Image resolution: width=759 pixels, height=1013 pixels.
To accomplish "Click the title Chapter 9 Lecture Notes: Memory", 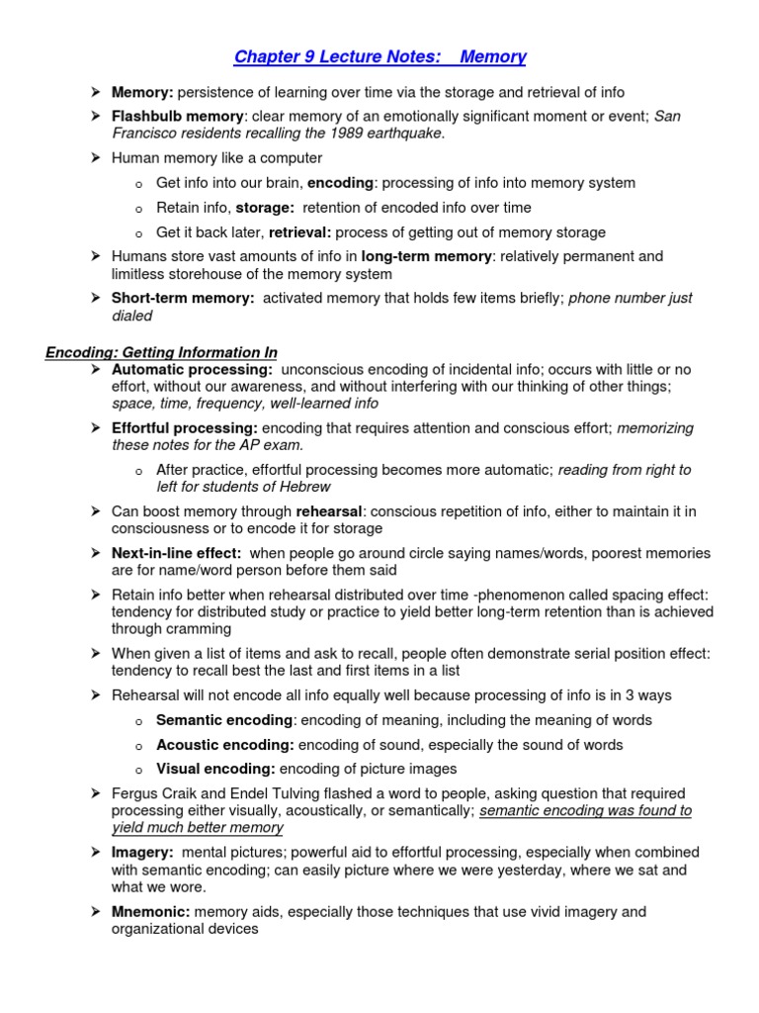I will (x=379, y=56).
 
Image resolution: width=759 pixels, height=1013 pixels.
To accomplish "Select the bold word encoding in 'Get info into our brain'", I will (x=340, y=183).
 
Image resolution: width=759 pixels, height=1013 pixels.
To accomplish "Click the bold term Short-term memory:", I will (x=183, y=298).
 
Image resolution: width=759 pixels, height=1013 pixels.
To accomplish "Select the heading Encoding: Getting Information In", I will (x=161, y=352).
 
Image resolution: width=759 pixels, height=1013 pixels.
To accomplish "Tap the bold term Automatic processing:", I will (x=193, y=369).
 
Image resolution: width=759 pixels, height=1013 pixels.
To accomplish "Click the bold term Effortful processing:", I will (x=185, y=428).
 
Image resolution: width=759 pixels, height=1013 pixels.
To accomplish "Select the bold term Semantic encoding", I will (x=224, y=720).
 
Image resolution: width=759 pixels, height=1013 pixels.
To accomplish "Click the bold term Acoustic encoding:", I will (x=225, y=745).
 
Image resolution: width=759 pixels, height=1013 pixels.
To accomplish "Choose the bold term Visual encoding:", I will (x=216, y=769).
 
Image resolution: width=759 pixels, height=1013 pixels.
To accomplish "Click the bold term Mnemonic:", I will (x=151, y=911).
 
